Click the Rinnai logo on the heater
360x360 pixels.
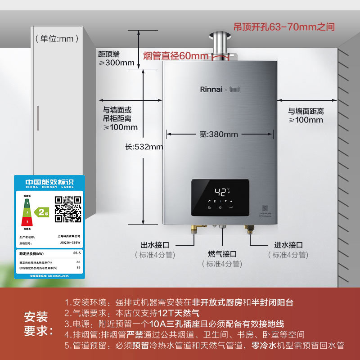211,89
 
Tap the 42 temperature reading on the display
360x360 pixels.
220,191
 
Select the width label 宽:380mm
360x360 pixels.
218,134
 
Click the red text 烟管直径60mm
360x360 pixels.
176,56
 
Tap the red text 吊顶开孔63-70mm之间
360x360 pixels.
284,27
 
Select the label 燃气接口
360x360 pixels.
222,254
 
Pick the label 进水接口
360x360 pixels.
288,245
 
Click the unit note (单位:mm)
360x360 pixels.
54,39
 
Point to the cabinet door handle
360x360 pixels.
38,118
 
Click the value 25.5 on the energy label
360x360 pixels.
76,253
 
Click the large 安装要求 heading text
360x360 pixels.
39,323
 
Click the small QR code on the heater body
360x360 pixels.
265,208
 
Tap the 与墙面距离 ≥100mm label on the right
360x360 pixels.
306,115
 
